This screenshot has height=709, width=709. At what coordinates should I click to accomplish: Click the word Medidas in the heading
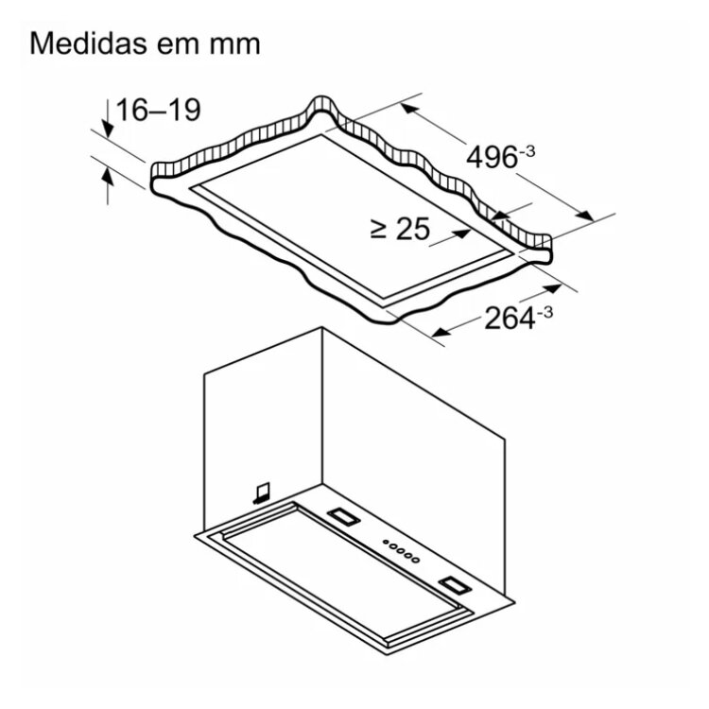(89, 43)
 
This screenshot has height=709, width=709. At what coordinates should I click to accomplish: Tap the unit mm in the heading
(234, 46)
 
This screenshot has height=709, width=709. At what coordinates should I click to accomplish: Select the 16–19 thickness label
(158, 110)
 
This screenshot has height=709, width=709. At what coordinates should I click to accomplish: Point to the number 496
(492, 158)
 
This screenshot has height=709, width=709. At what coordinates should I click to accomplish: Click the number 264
(510, 319)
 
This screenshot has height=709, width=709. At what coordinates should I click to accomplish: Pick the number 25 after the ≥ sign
(413, 229)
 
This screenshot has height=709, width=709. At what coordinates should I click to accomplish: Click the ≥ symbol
(378, 230)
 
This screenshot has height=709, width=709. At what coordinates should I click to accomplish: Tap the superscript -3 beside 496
(527, 151)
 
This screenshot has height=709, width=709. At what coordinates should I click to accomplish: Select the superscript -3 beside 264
(545, 312)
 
